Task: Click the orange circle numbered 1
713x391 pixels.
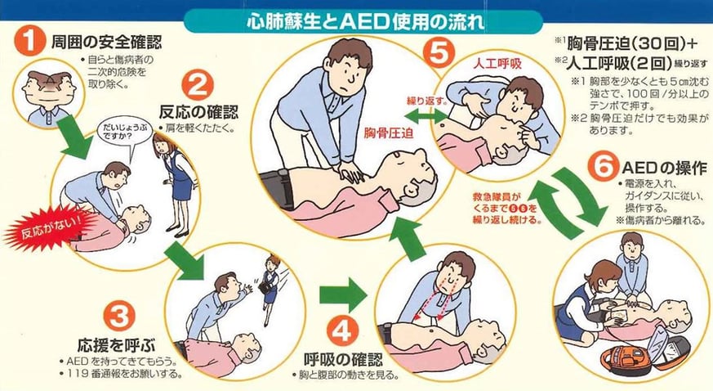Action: (x=29, y=41)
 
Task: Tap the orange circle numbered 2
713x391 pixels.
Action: (x=198, y=86)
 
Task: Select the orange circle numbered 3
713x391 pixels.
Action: (x=119, y=315)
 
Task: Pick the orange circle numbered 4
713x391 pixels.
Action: (x=342, y=331)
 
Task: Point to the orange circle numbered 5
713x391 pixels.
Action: (x=439, y=52)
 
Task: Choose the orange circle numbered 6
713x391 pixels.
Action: (x=603, y=167)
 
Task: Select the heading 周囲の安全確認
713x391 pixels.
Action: (x=106, y=42)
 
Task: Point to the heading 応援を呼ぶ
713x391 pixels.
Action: (x=117, y=345)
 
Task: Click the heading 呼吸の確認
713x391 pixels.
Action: (x=343, y=360)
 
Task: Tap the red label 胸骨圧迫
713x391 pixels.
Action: (x=389, y=133)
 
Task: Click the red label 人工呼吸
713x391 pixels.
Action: (x=497, y=64)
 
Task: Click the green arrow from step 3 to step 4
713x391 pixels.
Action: (x=343, y=295)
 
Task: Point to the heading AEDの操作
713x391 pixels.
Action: (x=664, y=168)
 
